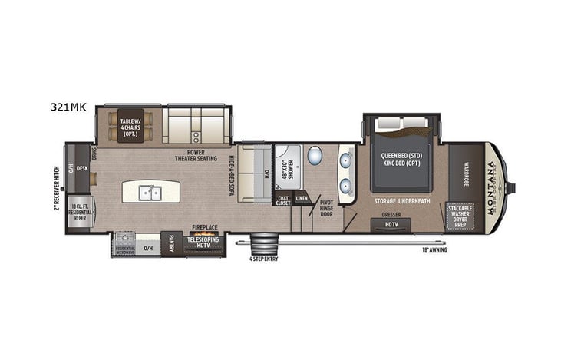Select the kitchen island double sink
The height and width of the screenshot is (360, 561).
[150, 193]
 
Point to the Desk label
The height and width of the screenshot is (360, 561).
[82, 168]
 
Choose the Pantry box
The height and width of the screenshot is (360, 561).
[171, 245]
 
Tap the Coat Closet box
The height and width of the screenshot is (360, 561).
[283, 199]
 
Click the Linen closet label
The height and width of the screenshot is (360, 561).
[302, 199]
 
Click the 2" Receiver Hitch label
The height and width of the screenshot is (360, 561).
[57, 187]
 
